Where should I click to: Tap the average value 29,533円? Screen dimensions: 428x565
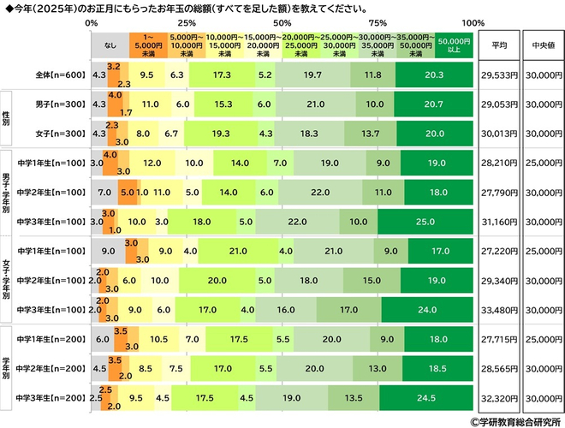(500, 75)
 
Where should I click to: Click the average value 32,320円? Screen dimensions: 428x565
(500, 397)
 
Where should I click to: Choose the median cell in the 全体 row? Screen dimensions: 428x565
(542, 75)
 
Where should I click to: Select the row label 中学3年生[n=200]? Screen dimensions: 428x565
(51, 397)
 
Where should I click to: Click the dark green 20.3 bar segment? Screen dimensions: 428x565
(433, 75)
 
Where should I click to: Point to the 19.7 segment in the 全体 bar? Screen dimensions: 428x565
(311, 75)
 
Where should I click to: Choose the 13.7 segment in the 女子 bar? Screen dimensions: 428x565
(370, 134)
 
